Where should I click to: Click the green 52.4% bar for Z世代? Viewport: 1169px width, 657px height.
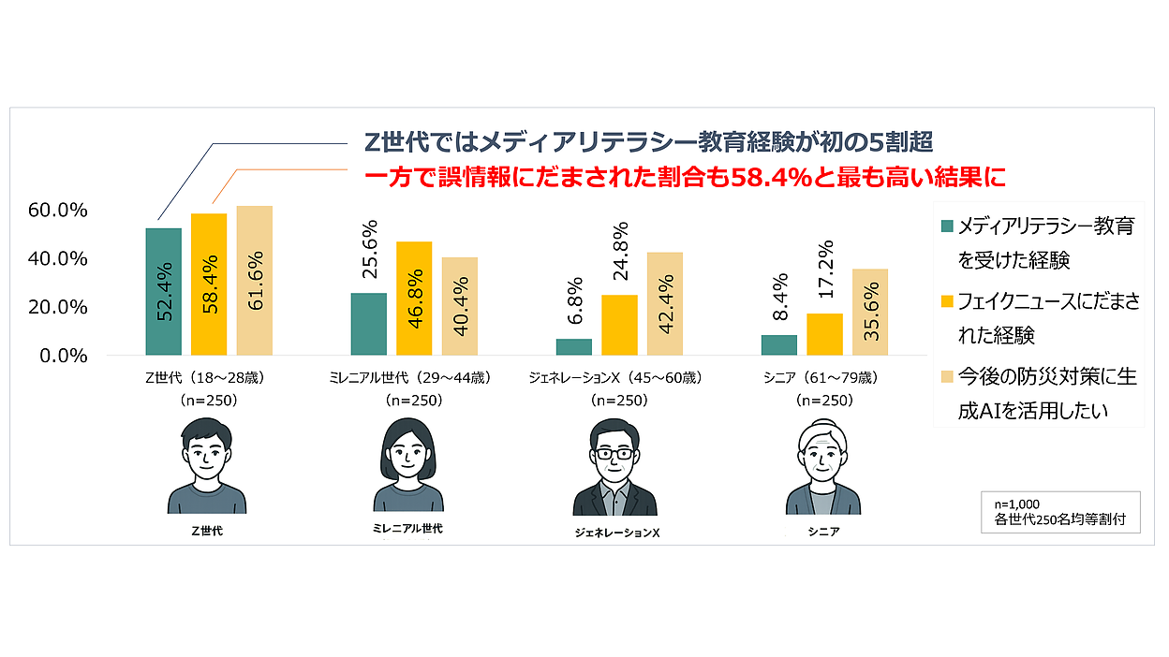point(164,291)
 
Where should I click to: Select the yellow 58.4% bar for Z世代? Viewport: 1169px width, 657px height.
point(209,285)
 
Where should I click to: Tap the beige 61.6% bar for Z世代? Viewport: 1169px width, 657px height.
point(255,281)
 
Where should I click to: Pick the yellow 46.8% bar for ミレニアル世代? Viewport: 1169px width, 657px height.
point(414,298)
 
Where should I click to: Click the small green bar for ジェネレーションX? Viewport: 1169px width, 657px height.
point(573,347)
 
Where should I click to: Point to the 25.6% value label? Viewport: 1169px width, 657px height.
point(368,250)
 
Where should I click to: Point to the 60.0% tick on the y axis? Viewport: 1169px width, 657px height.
point(58,211)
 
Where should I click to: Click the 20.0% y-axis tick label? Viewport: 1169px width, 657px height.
point(58,308)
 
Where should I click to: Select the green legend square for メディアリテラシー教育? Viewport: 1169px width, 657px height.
point(947,226)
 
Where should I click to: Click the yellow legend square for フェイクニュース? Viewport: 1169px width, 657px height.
point(947,301)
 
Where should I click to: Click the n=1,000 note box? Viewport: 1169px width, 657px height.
point(1060,511)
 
